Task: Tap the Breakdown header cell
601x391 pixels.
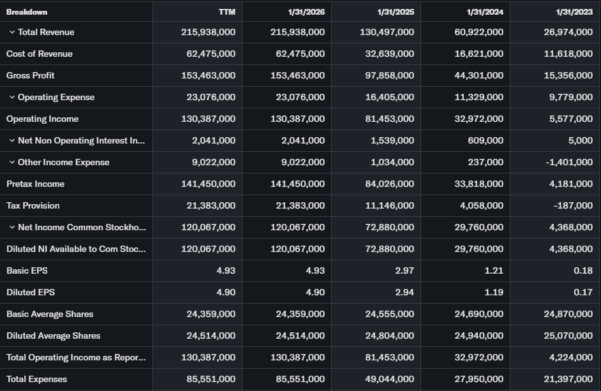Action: pyautogui.click(x=27, y=11)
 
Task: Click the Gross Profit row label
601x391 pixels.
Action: pyautogui.click(x=31, y=75)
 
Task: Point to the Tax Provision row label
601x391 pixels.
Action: pyautogui.click(x=33, y=205)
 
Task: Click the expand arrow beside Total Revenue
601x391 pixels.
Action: pyautogui.click(x=11, y=32)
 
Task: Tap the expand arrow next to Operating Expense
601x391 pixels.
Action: pyautogui.click(x=11, y=97)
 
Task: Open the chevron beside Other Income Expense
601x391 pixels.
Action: pyautogui.click(x=11, y=162)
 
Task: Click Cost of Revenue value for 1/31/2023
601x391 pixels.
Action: pyautogui.click(x=566, y=54)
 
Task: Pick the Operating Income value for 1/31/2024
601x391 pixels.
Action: pyautogui.click(x=477, y=119)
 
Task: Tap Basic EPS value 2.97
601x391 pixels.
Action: pyautogui.click(x=404, y=270)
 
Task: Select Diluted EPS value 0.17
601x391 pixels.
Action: pyautogui.click(x=583, y=292)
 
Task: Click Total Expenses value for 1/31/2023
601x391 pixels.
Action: pyautogui.click(x=566, y=379)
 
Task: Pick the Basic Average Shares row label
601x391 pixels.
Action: pyautogui.click(x=50, y=314)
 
